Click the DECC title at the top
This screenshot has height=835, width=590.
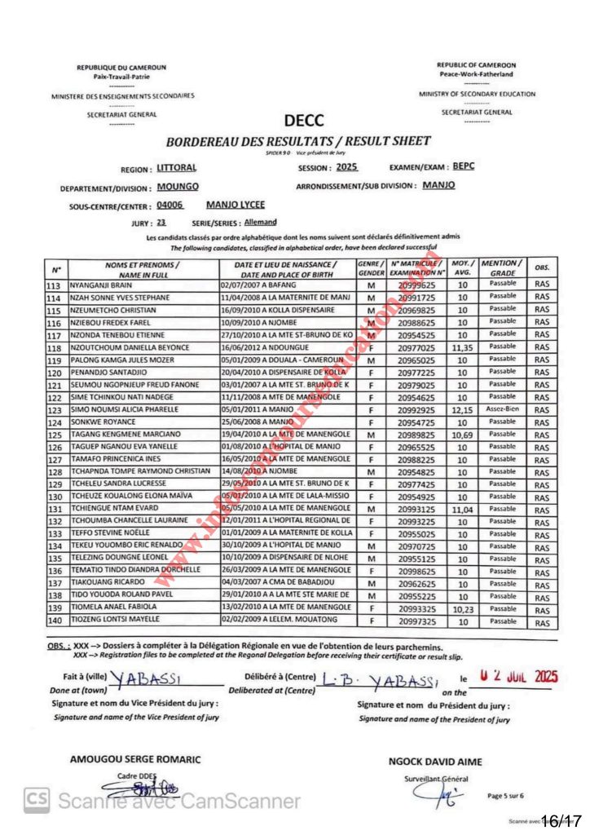coord(305,121)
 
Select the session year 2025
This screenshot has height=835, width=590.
coord(346,167)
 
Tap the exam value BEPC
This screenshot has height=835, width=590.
coord(464,166)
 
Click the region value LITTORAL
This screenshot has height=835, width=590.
coord(176,169)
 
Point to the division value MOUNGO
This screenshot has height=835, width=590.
coord(178,187)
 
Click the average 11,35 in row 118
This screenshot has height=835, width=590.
coord(462,348)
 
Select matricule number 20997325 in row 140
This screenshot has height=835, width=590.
coord(416,621)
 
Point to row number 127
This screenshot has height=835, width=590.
coord(55,460)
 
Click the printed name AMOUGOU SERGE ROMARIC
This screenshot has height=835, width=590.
coord(135,759)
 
